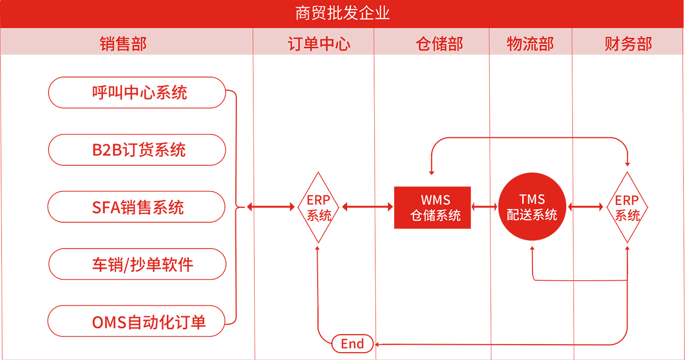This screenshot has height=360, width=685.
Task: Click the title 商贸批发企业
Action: click(x=342, y=13)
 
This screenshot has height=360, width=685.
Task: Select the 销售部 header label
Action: click(x=123, y=44)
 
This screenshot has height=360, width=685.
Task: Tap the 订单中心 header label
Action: click(x=319, y=44)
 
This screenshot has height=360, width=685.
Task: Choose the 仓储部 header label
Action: click(x=439, y=44)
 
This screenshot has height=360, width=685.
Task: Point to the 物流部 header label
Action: click(x=530, y=44)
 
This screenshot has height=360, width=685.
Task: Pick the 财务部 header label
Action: click(x=628, y=44)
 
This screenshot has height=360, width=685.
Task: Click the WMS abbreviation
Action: click(x=435, y=200)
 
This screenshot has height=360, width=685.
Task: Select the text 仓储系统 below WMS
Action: click(x=435, y=215)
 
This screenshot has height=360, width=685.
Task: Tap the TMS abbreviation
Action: click(x=532, y=200)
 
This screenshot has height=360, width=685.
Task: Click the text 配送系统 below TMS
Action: click(x=532, y=215)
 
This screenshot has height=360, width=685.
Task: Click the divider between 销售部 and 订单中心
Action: click(x=253, y=41)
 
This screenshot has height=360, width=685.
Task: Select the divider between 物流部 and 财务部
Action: click(x=572, y=41)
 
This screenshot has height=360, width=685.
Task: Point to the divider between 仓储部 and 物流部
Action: click(x=489, y=41)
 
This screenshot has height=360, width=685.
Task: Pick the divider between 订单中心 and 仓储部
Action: click(x=374, y=41)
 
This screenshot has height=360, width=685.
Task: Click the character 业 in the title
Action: click(x=383, y=13)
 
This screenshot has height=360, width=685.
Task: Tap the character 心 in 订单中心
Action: click(x=342, y=44)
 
